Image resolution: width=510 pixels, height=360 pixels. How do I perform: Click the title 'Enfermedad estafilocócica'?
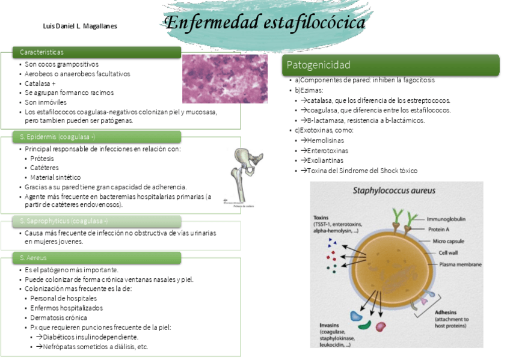point(265,23)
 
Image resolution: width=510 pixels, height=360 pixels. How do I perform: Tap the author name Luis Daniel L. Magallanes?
point(81,26)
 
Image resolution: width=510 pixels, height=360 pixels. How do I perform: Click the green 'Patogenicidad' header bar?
point(390,65)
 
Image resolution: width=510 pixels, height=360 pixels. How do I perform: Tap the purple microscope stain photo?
point(224,79)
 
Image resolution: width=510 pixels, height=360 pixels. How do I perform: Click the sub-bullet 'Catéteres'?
point(45,168)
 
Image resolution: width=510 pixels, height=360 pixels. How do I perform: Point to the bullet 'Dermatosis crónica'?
point(59,317)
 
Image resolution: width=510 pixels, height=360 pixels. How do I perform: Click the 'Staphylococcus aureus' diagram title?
point(394,191)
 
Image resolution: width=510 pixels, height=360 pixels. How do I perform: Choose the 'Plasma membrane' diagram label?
point(460,264)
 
